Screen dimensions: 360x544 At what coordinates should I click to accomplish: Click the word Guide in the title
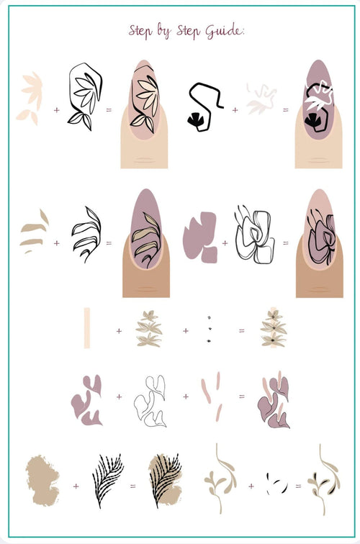pos(224,30)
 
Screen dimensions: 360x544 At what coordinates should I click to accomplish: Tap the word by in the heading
pos(163,30)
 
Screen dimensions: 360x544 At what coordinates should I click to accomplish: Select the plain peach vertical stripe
pos(87,327)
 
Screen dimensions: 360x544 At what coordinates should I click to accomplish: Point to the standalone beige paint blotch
pos(42,481)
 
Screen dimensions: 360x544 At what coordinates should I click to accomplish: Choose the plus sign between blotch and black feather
pos(76,486)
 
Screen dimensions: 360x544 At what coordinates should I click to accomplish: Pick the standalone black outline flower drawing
pos(255,234)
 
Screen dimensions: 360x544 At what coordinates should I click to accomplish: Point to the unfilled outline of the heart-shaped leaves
pos(150,401)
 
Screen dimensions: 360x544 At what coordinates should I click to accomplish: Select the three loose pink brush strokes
pos(212,396)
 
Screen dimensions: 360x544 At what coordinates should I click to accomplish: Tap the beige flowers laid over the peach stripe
pos(274,328)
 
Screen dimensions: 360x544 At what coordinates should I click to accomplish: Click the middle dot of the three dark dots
pos(210,329)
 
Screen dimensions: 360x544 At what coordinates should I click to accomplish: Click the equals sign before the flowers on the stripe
pos(242,331)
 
